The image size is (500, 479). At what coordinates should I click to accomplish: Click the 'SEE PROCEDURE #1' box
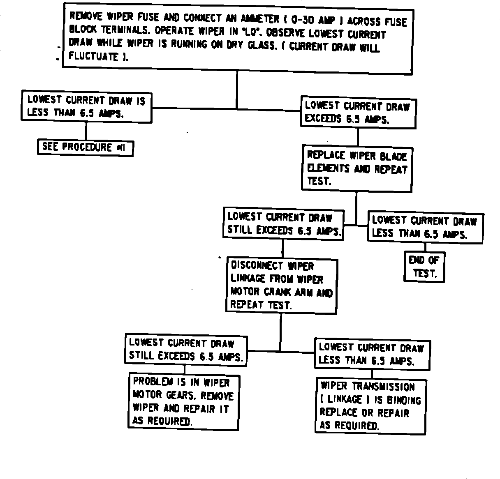click(x=86, y=147)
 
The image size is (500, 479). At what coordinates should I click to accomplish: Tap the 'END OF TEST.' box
click(x=424, y=266)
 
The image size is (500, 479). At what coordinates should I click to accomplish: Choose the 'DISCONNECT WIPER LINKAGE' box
click(x=282, y=286)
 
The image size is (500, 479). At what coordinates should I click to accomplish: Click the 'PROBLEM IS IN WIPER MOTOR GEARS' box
click(x=183, y=401)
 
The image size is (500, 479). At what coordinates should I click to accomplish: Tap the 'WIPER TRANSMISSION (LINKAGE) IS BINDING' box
click(x=370, y=406)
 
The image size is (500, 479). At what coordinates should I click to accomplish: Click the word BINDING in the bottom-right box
click(x=404, y=400)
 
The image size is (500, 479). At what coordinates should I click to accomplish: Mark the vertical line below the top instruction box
click(x=237, y=90)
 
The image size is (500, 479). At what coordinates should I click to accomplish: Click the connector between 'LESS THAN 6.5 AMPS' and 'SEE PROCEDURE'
click(x=86, y=130)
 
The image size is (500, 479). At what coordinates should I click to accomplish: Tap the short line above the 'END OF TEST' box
click(x=425, y=247)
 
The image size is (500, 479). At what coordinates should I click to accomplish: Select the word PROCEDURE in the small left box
click(x=87, y=147)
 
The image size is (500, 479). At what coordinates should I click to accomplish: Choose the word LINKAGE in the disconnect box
click(x=248, y=279)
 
